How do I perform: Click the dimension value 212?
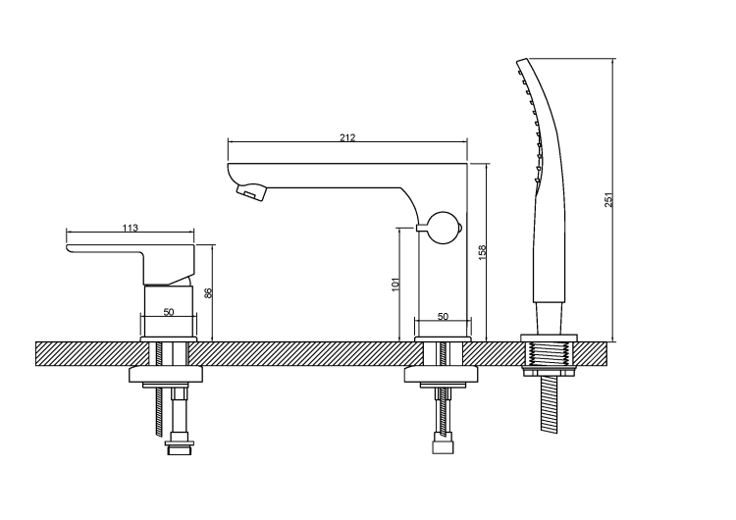coord(347,137)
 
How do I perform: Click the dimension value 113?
coord(130,228)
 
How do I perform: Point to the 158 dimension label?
coord(482,252)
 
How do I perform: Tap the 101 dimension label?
coord(395,285)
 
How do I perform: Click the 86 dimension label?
coord(207,292)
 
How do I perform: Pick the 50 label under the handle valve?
coord(169,312)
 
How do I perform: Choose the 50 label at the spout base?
coord(443,317)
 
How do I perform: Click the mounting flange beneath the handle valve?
coord(166,374)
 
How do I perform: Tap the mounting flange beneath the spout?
coord(442,374)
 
